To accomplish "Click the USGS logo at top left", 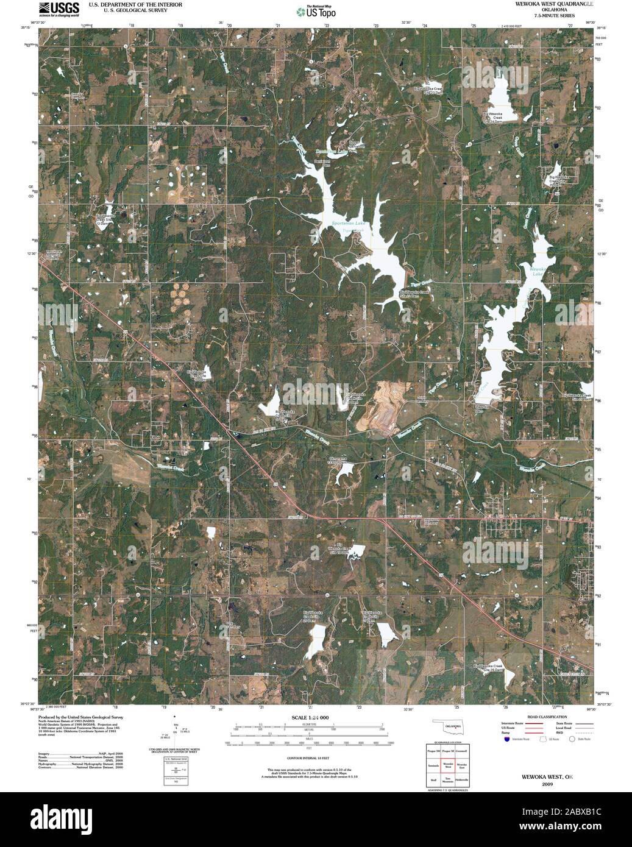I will pos(59,9).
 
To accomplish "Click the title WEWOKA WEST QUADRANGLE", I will pos(545,4).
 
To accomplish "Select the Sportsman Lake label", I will pos(347,224).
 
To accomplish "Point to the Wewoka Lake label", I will pos(536,271).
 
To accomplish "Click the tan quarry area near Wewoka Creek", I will pos(379,405).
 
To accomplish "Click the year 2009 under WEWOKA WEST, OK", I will pos(547,785).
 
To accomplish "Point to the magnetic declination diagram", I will pos(175,731).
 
